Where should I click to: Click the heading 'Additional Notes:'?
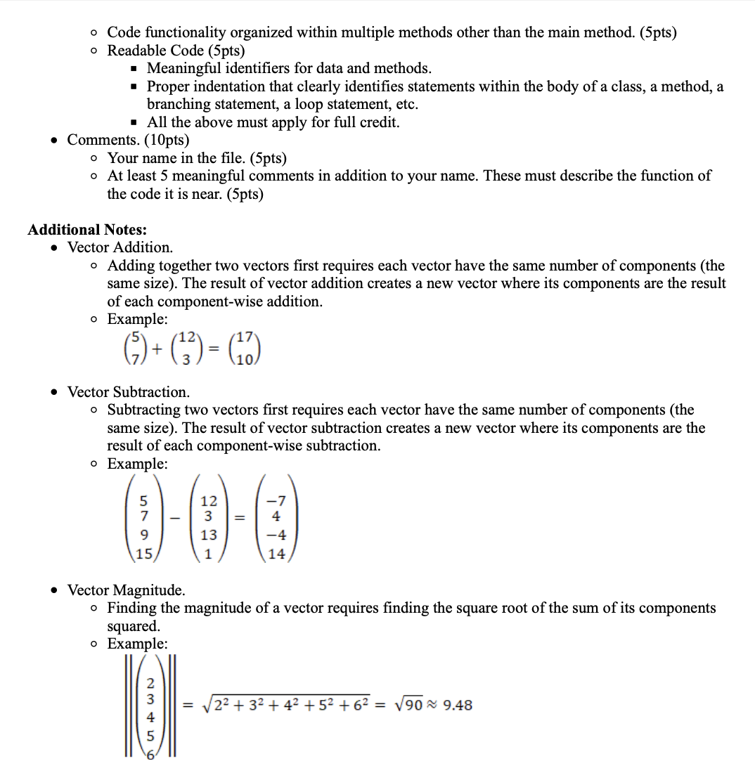[x=86, y=230]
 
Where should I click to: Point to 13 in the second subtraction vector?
[x=209, y=535]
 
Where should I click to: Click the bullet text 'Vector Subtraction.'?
[x=128, y=391]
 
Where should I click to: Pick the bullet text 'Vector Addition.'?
[x=120, y=247]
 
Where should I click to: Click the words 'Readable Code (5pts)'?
[x=176, y=51]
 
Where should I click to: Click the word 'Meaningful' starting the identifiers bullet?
[x=182, y=68]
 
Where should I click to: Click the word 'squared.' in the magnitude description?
[x=134, y=625]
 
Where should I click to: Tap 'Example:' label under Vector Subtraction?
[x=137, y=464]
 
